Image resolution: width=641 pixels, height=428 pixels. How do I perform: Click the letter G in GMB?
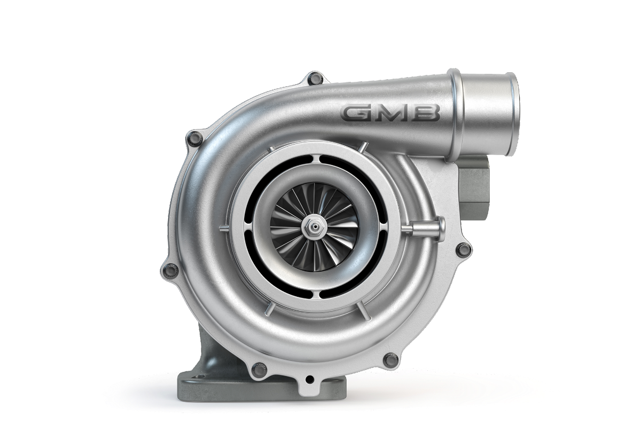pyautogui.click(x=357, y=113)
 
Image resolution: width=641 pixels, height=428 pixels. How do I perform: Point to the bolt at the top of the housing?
pyautogui.click(x=316, y=79)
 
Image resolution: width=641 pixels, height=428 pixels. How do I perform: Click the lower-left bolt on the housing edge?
pyautogui.click(x=171, y=270)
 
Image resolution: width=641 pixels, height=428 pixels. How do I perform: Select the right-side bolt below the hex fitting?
pyautogui.click(x=464, y=249)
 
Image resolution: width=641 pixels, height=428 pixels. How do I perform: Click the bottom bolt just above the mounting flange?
pyautogui.click(x=259, y=369)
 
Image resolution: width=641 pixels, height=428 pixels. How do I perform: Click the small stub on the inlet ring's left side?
pyautogui.click(x=223, y=228)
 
